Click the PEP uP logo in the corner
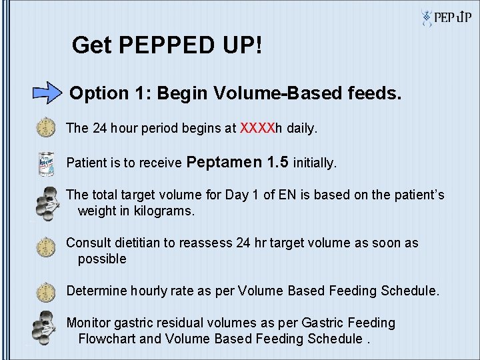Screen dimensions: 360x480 [447, 17]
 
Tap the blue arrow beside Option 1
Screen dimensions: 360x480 [47, 92]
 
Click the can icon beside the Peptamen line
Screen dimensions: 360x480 [45, 163]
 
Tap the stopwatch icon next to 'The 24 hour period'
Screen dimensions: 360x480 [45, 127]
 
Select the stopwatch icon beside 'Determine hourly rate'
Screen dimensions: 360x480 [45, 291]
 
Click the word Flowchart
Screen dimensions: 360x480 [107, 339]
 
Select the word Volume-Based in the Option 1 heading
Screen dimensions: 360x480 [221, 93]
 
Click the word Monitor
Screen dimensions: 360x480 [88, 323]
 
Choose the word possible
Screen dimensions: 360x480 [102, 259]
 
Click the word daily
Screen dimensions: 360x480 [302, 127]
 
